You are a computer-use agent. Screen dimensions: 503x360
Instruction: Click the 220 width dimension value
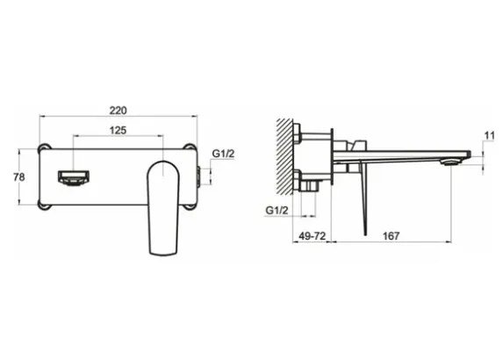(x=118, y=111)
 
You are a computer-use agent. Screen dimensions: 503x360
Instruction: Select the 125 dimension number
(x=118, y=130)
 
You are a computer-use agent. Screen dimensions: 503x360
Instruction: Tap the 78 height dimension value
(x=19, y=176)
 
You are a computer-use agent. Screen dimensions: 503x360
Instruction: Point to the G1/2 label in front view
(x=223, y=154)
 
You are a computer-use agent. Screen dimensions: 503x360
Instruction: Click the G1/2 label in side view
(x=277, y=211)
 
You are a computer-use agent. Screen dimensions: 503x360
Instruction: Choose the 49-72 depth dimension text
(x=313, y=236)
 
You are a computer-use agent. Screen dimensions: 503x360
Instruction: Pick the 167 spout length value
(x=392, y=236)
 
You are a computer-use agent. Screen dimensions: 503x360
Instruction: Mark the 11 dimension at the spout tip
(x=490, y=136)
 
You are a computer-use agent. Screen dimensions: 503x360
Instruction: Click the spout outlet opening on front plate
(x=74, y=178)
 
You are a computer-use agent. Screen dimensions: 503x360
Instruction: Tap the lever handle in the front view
(x=163, y=208)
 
